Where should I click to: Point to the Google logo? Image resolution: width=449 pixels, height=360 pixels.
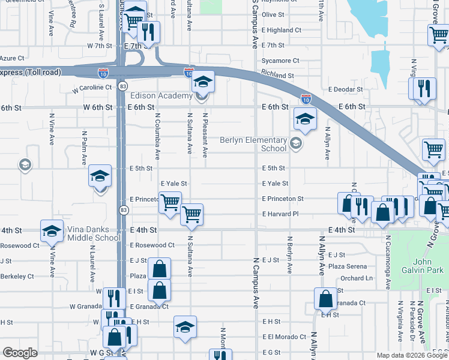(x=20, y=353)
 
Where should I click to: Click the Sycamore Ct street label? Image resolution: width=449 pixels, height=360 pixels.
(x=280, y=61)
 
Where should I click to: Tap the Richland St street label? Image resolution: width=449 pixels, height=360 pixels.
(x=277, y=76)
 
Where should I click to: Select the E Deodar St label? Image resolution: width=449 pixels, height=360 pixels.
(x=345, y=89)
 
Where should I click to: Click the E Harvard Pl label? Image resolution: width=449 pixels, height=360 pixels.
(x=280, y=214)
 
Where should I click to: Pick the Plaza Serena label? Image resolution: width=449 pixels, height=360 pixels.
(x=347, y=266)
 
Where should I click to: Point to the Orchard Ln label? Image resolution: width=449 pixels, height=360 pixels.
(x=356, y=278)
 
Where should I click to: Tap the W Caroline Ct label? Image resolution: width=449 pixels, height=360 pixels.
(x=92, y=88)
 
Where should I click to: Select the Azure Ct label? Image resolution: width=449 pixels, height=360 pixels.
(x=12, y=58)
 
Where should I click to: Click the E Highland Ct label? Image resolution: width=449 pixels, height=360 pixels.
(x=281, y=30)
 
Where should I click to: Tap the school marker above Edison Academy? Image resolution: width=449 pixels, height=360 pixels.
(x=203, y=81)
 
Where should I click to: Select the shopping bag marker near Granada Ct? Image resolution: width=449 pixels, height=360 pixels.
(x=325, y=298)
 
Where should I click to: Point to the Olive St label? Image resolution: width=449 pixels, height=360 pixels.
(x=273, y=14)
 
